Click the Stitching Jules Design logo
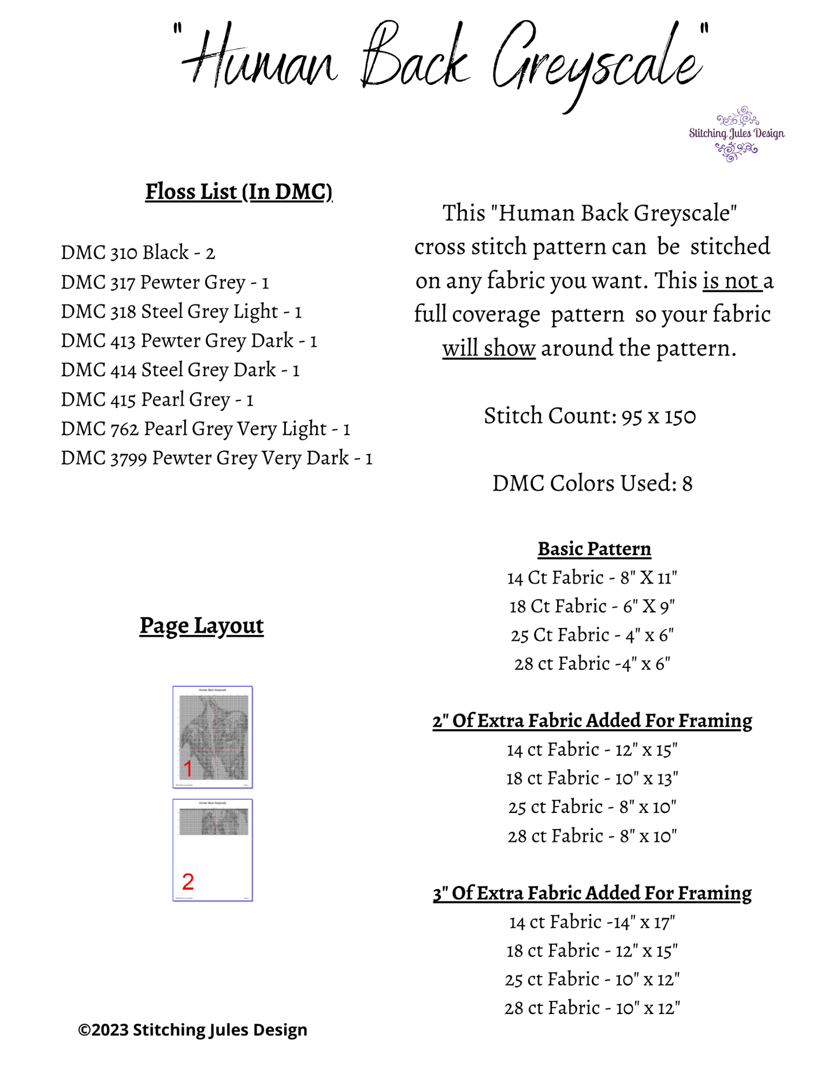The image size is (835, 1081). click(736, 134)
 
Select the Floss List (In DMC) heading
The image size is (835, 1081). click(239, 191)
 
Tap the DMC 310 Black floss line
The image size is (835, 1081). click(138, 252)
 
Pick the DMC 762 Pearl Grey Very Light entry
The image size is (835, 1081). click(206, 429)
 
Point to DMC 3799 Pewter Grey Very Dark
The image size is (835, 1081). click(217, 458)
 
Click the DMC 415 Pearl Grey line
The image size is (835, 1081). click(157, 399)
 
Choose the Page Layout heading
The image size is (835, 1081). click(202, 625)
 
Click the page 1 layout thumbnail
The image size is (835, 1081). click(213, 737)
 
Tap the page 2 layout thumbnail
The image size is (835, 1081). click(213, 850)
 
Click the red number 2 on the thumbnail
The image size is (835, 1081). click(188, 882)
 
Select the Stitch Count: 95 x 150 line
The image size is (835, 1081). click(590, 416)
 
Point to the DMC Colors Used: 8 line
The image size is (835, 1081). click(592, 483)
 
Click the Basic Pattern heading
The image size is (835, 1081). click(594, 549)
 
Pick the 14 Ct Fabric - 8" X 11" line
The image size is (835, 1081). click(592, 577)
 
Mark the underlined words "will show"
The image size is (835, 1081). click(489, 348)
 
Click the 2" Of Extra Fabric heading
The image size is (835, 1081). click(592, 720)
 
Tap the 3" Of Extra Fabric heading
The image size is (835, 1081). click(592, 893)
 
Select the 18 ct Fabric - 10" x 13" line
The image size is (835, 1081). click(592, 778)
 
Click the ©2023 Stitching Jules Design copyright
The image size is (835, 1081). click(192, 1030)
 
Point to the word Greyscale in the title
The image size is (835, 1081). click(598, 64)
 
